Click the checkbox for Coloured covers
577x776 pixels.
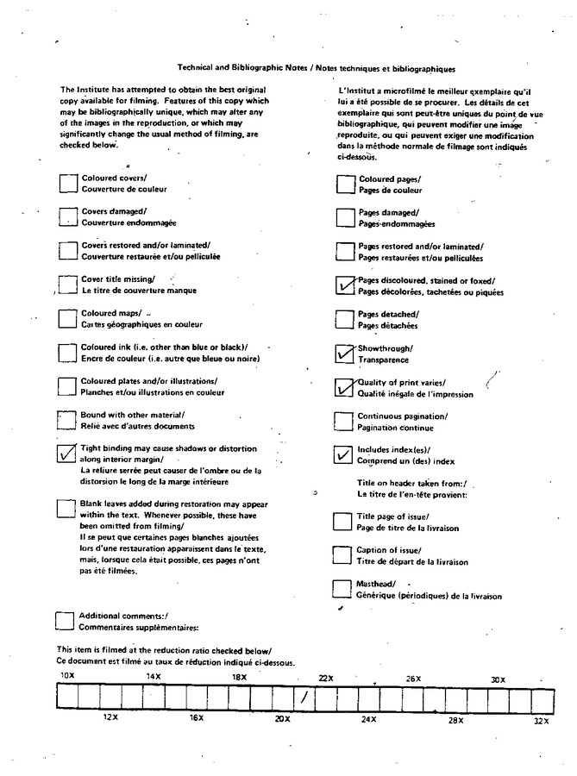pos(66,183)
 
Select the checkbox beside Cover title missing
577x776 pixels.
pos(66,285)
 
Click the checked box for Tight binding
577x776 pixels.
pos(66,454)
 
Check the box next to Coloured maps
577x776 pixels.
pos(66,318)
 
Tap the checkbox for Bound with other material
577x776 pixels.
pos(66,420)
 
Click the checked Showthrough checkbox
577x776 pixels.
pos(344,354)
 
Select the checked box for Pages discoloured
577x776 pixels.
pos(344,285)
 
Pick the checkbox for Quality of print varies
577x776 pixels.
pos(344,387)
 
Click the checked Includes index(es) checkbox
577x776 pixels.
pos(343,455)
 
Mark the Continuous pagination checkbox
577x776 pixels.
pos(344,421)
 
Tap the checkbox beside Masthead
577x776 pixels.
pos(342,589)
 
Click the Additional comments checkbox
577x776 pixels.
pos(65,622)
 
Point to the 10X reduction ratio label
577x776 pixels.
pos(66,675)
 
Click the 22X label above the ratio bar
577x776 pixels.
pos(325,678)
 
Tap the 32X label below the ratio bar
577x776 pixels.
pos(541,720)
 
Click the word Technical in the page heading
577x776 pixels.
pos(198,68)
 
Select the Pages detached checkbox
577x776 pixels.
pos(344,319)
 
